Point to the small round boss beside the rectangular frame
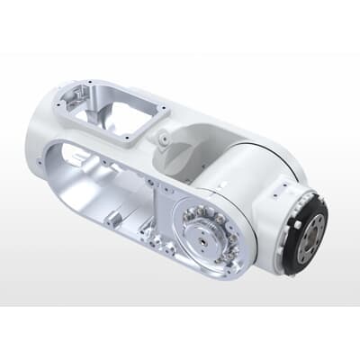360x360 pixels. [164, 139]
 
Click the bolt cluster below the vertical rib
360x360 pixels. [163, 247]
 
